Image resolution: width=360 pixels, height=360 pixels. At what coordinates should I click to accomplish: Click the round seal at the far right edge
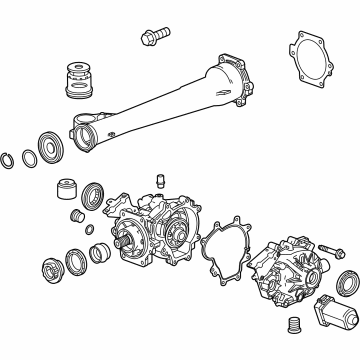pos(347,282)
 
